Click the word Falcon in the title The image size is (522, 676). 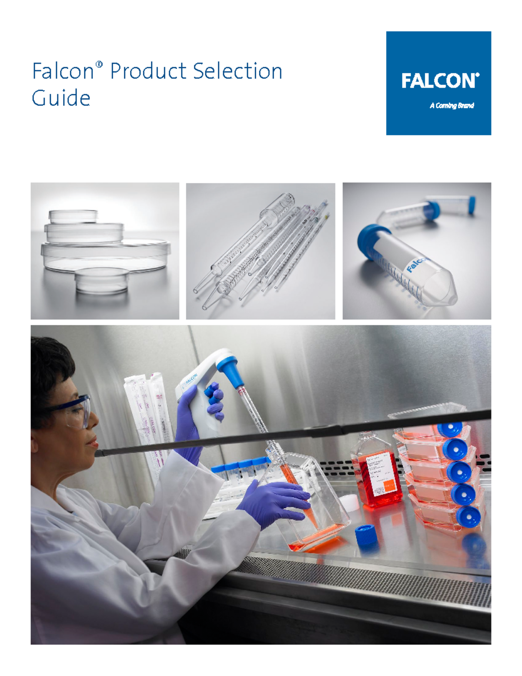tap(63, 71)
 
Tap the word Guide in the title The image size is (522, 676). tap(61, 98)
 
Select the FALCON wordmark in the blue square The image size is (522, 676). tap(439, 81)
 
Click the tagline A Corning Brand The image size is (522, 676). tap(452, 105)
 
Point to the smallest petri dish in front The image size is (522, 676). tap(102, 281)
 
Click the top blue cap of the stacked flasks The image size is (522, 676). tap(450, 428)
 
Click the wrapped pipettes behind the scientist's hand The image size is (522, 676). tap(146, 418)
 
